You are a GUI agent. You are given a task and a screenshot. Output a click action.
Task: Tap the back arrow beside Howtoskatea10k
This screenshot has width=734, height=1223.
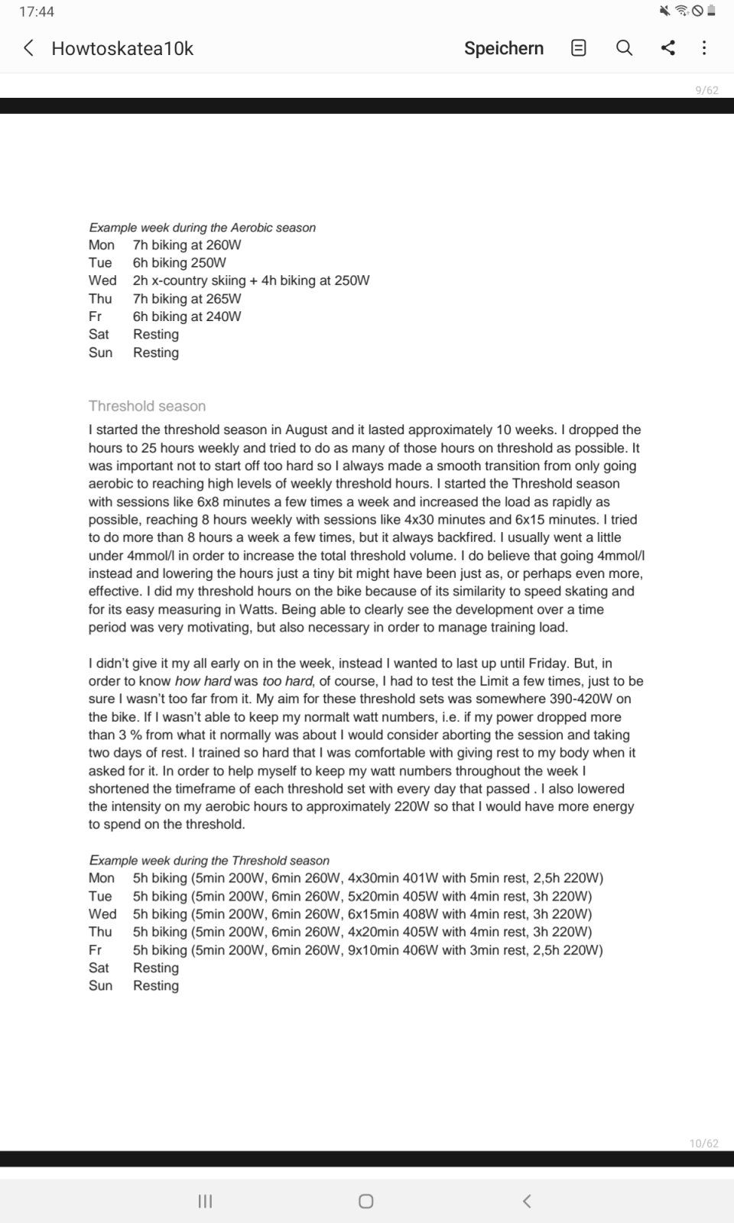point(28,48)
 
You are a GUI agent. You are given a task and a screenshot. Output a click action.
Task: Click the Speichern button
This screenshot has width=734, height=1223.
point(503,48)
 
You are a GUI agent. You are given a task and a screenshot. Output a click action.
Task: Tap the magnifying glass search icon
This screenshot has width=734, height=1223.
point(624,48)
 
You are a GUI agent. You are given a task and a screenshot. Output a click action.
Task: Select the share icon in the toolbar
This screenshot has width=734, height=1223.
point(667,48)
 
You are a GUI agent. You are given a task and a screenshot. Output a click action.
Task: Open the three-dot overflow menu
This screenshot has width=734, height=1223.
point(704,48)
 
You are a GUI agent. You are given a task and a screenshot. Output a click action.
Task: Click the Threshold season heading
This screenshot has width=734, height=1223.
point(147,406)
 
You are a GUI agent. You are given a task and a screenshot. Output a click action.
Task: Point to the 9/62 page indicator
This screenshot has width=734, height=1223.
point(706,90)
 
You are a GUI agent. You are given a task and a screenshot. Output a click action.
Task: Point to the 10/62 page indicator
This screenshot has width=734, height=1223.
point(703,1144)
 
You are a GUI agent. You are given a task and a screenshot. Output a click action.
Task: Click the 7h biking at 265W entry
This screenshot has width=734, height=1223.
point(187,299)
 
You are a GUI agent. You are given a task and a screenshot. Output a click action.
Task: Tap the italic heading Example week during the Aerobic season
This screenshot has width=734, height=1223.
point(202,228)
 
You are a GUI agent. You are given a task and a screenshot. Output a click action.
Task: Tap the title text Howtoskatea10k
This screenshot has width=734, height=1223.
point(122,48)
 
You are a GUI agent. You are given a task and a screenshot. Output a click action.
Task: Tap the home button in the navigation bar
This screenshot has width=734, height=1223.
point(365,1201)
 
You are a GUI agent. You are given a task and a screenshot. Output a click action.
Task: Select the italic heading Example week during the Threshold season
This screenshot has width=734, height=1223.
point(209,861)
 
